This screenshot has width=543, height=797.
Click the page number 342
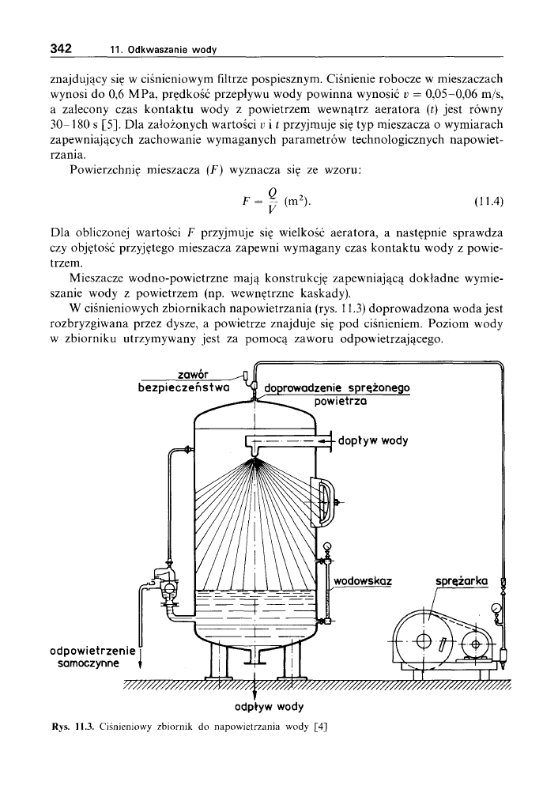pyautogui.click(x=62, y=47)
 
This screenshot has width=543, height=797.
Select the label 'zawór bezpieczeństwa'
pyautogui.click(x=183, y=381)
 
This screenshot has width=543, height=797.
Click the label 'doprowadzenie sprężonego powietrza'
pyautogui.click(x=337, y=394)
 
